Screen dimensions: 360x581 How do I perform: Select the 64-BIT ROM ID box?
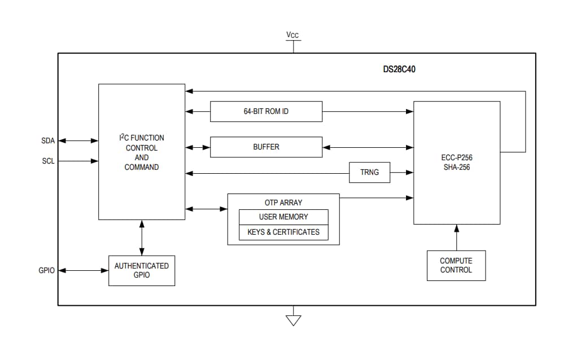[266, 111]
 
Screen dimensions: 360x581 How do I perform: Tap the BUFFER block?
[266, 147]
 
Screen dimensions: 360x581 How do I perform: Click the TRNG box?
[370, 172]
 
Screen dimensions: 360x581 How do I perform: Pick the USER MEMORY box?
[283, 217]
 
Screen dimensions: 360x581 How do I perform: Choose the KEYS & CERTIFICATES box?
[283, 232]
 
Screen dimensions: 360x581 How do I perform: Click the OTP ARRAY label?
[283, 203]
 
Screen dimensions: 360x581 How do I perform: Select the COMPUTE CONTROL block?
[456, 265]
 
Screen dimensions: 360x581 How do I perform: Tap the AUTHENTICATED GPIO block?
[142, 270]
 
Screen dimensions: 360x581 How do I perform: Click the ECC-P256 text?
[457, 158]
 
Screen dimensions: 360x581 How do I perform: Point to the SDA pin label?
[48, 141]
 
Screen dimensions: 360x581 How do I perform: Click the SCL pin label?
[48, 161]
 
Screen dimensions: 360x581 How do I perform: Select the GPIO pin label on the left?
[46, 270]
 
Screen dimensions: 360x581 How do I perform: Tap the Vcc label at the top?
[292, 36]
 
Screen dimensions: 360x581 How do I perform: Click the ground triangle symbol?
[293, 320]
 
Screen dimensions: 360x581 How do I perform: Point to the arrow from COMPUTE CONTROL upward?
[457, 237]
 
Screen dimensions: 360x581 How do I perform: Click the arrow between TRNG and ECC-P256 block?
[402, 172]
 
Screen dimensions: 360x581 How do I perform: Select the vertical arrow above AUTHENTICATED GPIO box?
[142, 237]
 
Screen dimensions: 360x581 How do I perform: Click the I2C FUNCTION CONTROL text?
[142, 143]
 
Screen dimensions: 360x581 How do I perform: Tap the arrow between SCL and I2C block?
[79, 161]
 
